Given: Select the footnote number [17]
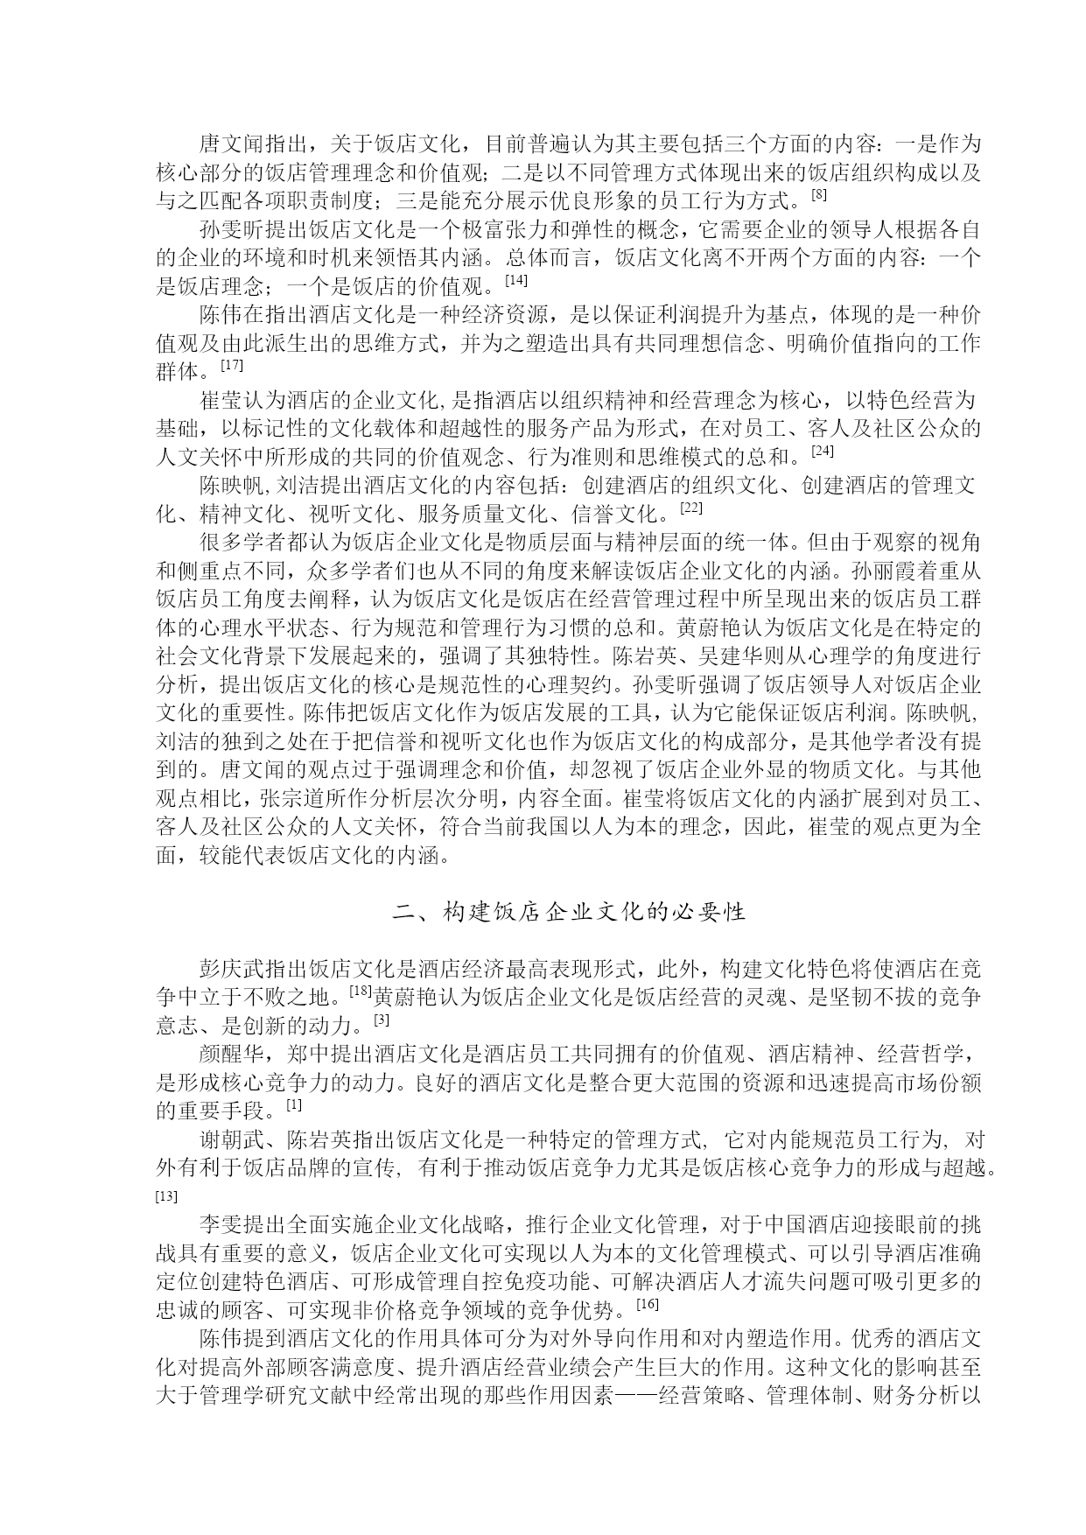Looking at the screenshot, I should (x=231, y=363).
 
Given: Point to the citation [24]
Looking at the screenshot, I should (x=823, y=451).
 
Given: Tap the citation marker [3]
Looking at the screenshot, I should (x=381, y=1020).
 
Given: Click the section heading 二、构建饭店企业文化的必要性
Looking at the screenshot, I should (x=569, y=912).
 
